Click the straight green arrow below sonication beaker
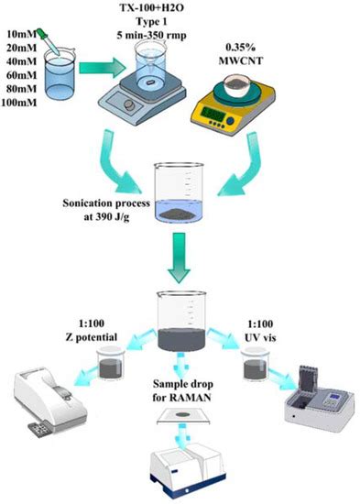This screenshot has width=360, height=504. click(x=180, y=263)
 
